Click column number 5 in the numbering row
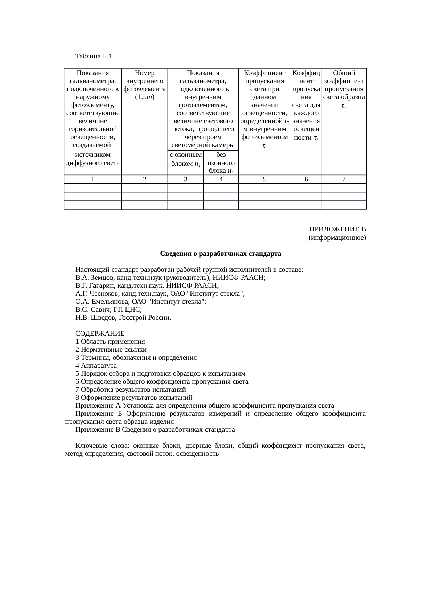(x=265, y=179)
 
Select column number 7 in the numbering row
(x=344, y=179)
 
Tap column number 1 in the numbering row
(x=92, y=179)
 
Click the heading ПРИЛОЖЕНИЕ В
(x=338, y=230)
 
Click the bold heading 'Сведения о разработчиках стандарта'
(x=220, y=254)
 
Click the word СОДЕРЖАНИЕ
(x=100, y=334)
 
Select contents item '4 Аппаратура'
(x=96, y=366)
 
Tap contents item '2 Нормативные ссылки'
(x=111, y=350)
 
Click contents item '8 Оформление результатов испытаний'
(x=134, y=398)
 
